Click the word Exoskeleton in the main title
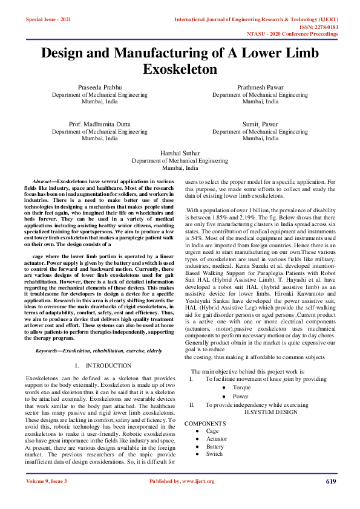pos(180,70)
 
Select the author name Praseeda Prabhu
pos(99,88)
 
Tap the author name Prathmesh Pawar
pos(260,88)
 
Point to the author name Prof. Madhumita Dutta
pos(99,124)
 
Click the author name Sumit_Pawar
pos(260,124)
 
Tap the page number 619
pos(330,481)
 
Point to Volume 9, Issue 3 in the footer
pos(47,481)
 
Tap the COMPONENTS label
pos(205,424)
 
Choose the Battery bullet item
pos(215,446)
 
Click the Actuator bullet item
pos(216,438)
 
